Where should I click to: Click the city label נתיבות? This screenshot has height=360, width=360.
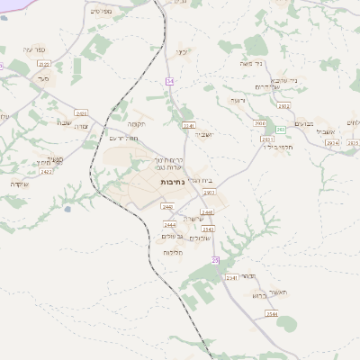click(171, 182)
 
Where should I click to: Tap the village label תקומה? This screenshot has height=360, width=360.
click(137, 123)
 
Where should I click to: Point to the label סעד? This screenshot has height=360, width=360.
click(41, 79)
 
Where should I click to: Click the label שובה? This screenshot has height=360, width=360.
click(65, 122)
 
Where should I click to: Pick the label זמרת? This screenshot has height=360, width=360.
click(80, 128)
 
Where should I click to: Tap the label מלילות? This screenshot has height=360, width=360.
click(174, 253)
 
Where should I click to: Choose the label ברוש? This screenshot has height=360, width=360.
click(258, 294)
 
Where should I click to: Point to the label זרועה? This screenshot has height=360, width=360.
click(238, 100)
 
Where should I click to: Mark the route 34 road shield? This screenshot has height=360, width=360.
click(169, 81)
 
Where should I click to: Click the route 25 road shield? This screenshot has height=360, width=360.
click(215, 259)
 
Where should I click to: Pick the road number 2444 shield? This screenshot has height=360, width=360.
click(169, 224)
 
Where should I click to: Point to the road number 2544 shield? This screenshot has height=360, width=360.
click(271, 313)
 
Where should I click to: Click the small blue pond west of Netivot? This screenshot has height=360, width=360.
click(67, 209)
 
